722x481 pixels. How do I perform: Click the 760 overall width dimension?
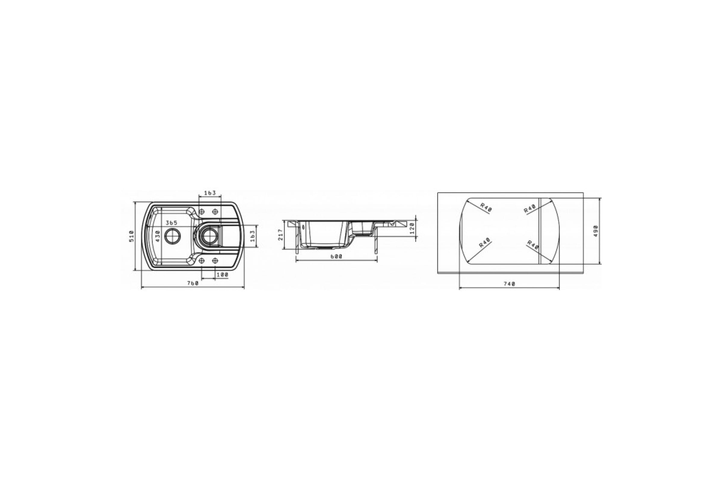(x=193, y=283)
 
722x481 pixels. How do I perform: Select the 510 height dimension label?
(x=132, y=236)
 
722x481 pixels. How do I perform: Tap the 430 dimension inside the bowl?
(x=158, y=236)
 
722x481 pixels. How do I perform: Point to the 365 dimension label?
(x=171, y=223)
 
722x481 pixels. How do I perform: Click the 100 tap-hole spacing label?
(x=222, y=275)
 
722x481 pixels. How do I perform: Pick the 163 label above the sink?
(x=210, y=193)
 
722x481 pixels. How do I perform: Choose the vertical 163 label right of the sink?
(x=253, y=236)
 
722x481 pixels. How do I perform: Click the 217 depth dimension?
(x=280, y=235)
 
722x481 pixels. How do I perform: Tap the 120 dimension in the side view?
(x=412, y=228)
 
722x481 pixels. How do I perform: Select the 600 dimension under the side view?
(x=336, y=256)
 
